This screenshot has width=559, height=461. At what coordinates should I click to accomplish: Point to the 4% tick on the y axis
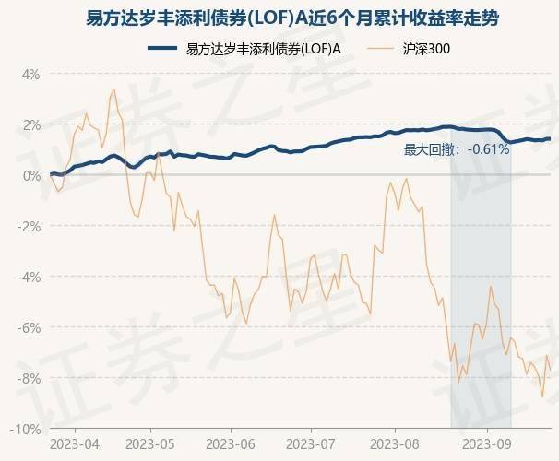[30, 74]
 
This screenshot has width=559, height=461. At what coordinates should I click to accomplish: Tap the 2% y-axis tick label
[30, 124]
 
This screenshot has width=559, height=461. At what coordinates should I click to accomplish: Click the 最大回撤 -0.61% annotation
[458, 149]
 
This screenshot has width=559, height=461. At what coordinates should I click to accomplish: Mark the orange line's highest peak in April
[113, 89]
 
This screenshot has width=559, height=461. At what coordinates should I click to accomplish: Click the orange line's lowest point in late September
[543, 396]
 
